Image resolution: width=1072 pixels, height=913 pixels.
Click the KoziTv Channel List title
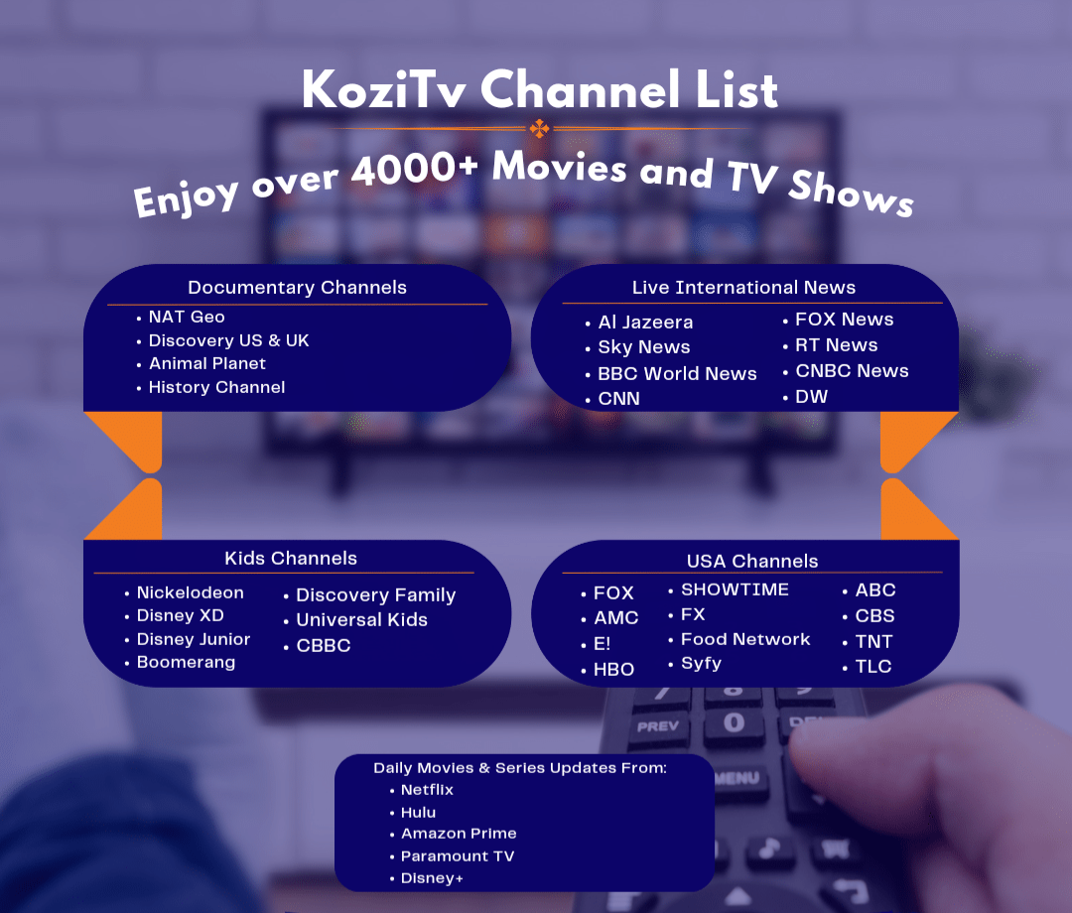(x=539, y=90)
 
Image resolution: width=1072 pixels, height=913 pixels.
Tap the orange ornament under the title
(x=539, y=128)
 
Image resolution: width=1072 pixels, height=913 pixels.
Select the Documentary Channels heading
(x=297, y=288)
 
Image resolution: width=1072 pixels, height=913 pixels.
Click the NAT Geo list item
(x=187, y=318)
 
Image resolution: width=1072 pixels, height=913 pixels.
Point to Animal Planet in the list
(x=206, y=364)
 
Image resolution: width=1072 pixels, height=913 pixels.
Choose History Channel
(x=216, y=388)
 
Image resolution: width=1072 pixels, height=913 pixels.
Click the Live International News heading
(x=743, y=288)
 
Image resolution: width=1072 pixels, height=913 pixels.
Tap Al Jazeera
(x=645, y=323)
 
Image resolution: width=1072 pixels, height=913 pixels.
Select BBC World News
(x=677, y=374)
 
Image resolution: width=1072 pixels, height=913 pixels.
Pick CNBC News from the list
(x=852, y=371)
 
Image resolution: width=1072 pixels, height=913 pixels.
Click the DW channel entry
(x=811, y=397)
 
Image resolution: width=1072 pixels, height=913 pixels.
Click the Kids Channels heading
(x=291, y=558)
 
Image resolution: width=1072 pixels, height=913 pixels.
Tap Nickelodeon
(x=190, y=593)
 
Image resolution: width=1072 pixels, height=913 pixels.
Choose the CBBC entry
(x=323, y=646)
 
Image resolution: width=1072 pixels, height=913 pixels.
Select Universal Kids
(x=361, y=620)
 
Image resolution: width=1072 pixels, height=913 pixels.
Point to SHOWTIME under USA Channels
(x=735, y=589)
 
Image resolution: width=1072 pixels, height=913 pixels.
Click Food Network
(x=745, y=640)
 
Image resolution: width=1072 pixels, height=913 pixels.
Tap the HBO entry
(x=613, y=670)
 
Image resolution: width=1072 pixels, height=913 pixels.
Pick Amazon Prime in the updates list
(x=459, y=834)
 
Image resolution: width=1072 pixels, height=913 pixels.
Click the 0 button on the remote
(x=734, y=722)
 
